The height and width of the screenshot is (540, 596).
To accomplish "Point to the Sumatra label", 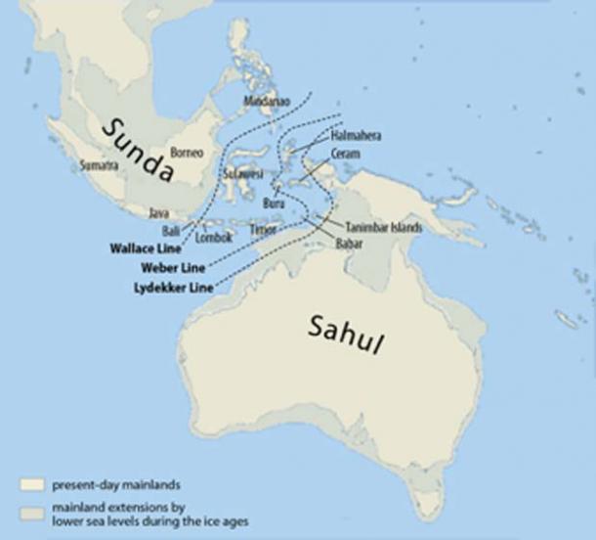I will [100, 165].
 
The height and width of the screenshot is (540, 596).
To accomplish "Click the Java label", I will [156, 212].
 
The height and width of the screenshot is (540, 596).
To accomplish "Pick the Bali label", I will [171, 231].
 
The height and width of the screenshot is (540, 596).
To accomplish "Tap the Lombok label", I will [212, 237].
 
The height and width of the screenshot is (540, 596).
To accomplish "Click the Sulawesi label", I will [239, 172].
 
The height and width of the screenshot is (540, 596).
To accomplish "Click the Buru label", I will [275, 202].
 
